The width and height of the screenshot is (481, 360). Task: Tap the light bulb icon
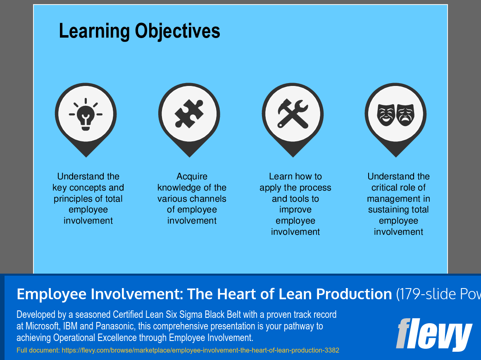pos(86,114)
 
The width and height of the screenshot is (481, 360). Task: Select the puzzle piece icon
pos(189,114)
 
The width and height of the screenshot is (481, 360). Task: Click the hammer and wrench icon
pos(293,114)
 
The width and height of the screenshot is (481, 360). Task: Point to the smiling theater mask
pos(386,114)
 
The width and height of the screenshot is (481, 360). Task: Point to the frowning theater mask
pos(405,114)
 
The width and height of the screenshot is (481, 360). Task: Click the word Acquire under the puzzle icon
pos(192,176)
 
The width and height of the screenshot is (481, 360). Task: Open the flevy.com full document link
pos(200,350)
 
